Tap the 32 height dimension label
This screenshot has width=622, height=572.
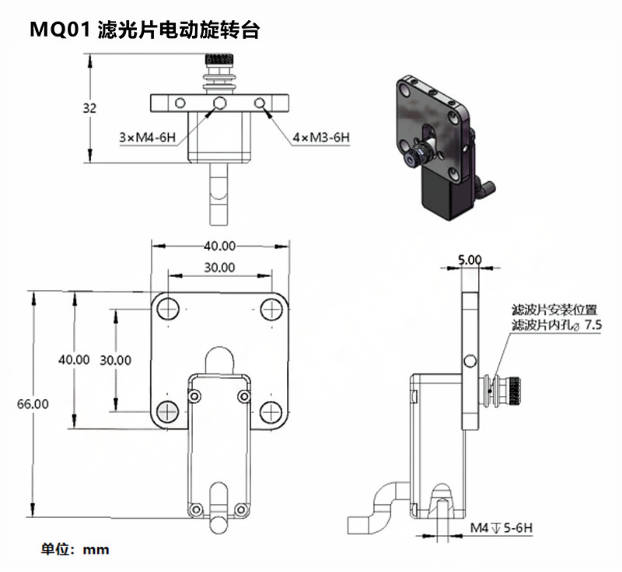pos(90,108)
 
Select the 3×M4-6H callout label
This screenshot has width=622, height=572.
pos(148,137)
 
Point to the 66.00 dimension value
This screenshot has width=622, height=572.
pos(33,404)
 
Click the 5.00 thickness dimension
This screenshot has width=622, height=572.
pos(470,260)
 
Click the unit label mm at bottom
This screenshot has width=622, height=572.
pos(96,550)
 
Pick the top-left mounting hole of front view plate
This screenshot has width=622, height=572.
pos(168,309)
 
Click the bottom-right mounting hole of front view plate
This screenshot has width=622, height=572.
pos(271,412)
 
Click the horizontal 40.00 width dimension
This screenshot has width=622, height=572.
pos(219,246)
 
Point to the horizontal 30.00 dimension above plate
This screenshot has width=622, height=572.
pos(219,267)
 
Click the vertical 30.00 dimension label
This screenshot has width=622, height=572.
pos(115,360)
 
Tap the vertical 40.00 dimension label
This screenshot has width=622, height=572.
pos(74,360)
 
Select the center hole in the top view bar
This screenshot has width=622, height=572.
pos(220,103)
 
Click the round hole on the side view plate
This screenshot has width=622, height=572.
pos(470,361)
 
